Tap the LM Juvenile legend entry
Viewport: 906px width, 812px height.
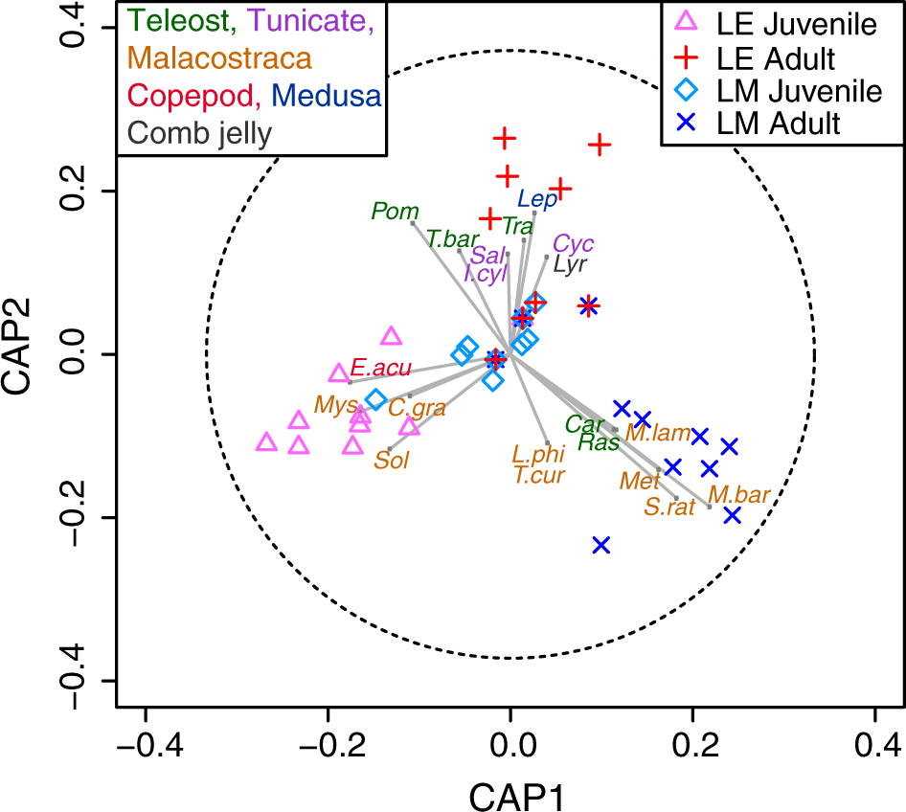pyautogui.click(x=781, y=91)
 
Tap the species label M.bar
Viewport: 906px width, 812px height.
pyautogui.click(x=738, y=495)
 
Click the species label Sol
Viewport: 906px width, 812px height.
pyautogui.click(x=392, y=460)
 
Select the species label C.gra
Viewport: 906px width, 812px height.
pyautogui.click(x=417, y=407)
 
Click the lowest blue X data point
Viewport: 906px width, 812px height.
pyautogui.click(x=601, y=545)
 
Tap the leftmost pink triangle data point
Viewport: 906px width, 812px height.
pyautogui.click(x=267, y=442)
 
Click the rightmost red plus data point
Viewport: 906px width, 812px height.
pyautogui.click(x=600, y=146)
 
